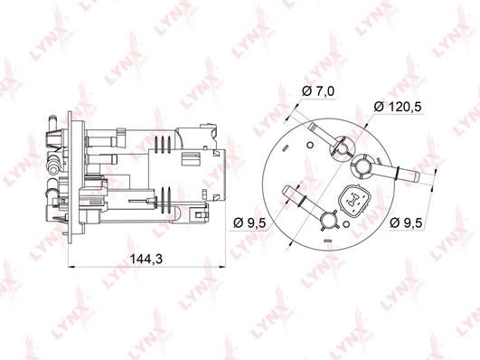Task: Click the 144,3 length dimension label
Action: pyautogui.click(x=146, y=260)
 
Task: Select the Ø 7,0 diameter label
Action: pyautogui.click(x=318, y=91)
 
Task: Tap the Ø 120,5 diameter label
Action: pyautogui.click(x=398, y=107)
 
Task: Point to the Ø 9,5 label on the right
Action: pyautogui.click(x=406, y=223)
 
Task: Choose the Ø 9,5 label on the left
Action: pyautogui.click(x=249, y=223)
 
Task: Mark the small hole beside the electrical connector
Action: pyautogui.click(x=346, y=224)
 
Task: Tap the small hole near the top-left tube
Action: pyautogui.click(x=310, y=145)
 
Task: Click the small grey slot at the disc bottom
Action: pyautogui.click(x=328, y=241)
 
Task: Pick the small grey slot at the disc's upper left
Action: pyautogui.click(x=285, y=148)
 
